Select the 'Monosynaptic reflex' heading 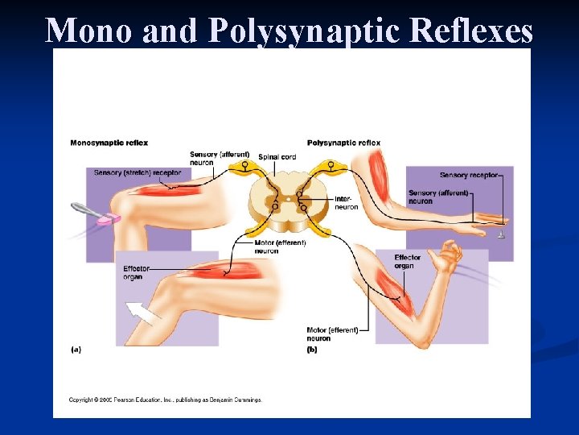click(x=109, y=143)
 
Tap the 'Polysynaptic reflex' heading click(x=343, y=143)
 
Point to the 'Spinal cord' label click(x=277, y=157)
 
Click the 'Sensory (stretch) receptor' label click(x=137, y=172)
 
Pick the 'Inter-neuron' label click(x=346, y=203)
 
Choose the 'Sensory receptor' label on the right click(x=469, y=175)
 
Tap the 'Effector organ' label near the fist click(x=407, y=262)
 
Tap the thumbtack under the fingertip click(x=500, y=234)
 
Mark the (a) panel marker click(x=76, y=349)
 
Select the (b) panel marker click(x=312, y=349)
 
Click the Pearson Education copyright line click(x=164, y=400)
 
